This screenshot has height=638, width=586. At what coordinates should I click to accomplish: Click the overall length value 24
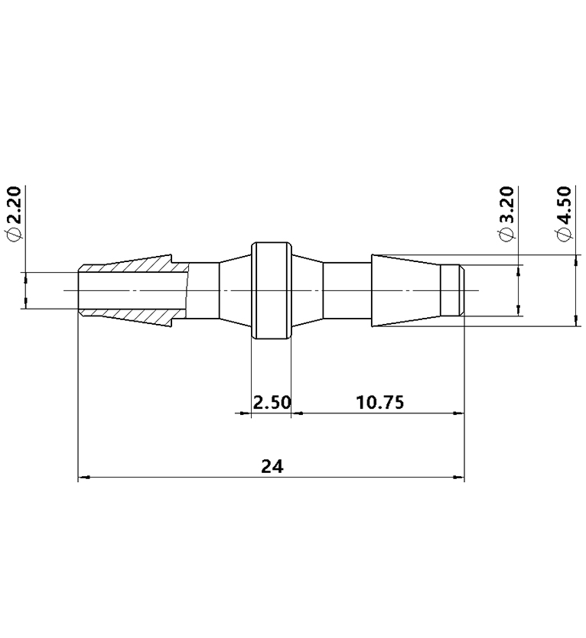pyautogui.click(x=272, y=467)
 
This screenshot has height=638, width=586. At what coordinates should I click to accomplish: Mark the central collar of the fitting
pyautogui.click(x=272, y=291)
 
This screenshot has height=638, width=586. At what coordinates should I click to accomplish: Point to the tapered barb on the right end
pyautogui.click(x=405, y=291)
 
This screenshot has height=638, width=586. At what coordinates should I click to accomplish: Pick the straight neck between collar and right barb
pyautogui.click(x=347, y=291)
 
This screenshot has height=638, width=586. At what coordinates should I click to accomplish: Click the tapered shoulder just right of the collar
pyautogui.click(x=308, y=291)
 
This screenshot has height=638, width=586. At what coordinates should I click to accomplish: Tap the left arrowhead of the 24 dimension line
pyautogui.click(x=83, y=478)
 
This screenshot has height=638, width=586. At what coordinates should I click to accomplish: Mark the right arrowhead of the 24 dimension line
pyautogui.click(x=460, y=478)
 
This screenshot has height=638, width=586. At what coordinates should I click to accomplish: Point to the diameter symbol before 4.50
pyautogui.click(x=564, y=236)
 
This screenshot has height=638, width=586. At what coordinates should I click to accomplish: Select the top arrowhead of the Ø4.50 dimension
pyautogui.click(x=575, y=260)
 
